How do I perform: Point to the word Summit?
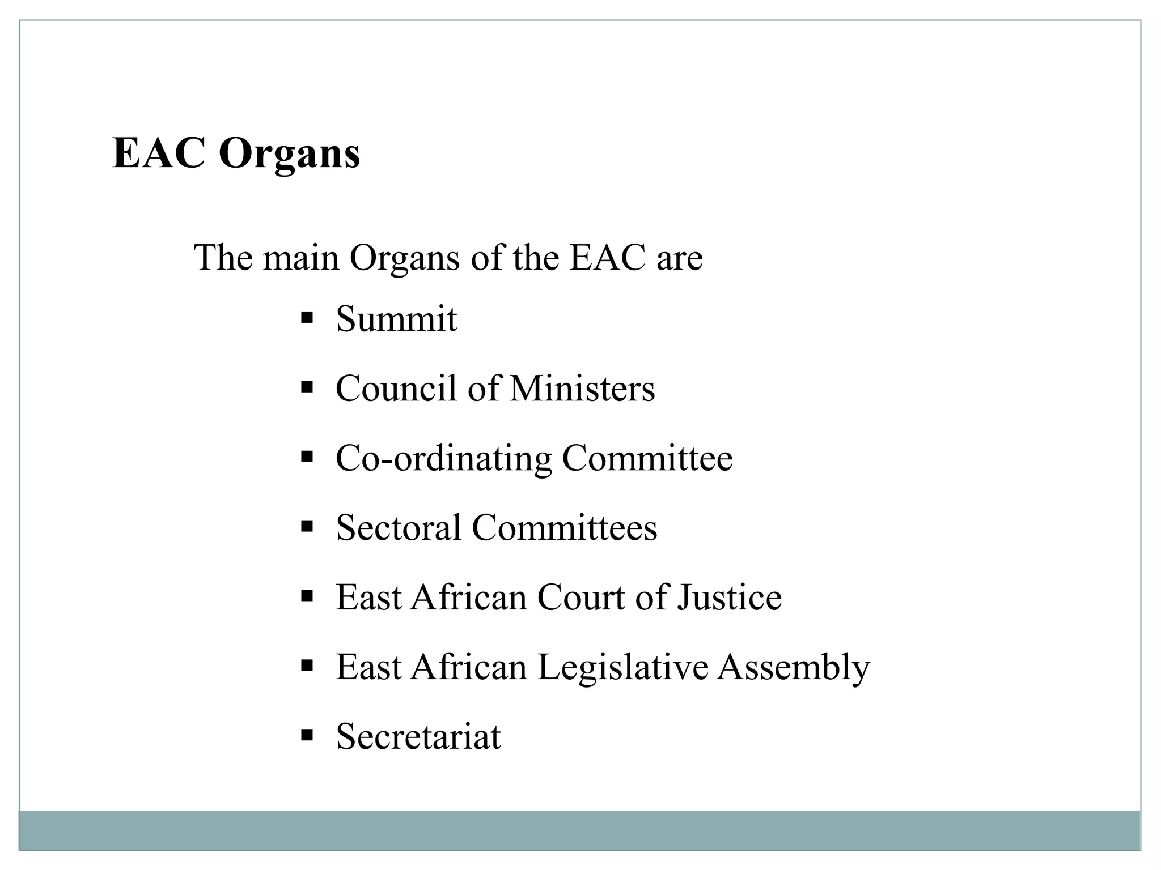tap(396, 319)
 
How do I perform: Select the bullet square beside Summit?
tap(307, 317)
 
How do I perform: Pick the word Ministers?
tap(582, 389)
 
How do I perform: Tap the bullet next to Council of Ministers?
tap(307, 387)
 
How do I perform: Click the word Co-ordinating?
tap(443, 458)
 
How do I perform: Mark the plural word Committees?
tap(565, 528)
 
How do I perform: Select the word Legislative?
tap(622, 667)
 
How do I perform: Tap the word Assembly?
tap(793, 667)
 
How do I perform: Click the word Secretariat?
tap(418, 737)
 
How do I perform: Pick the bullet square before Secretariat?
tap(307, 735)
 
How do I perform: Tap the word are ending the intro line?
tap(679, 258)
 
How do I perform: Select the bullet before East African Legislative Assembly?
tap(307, 666)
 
